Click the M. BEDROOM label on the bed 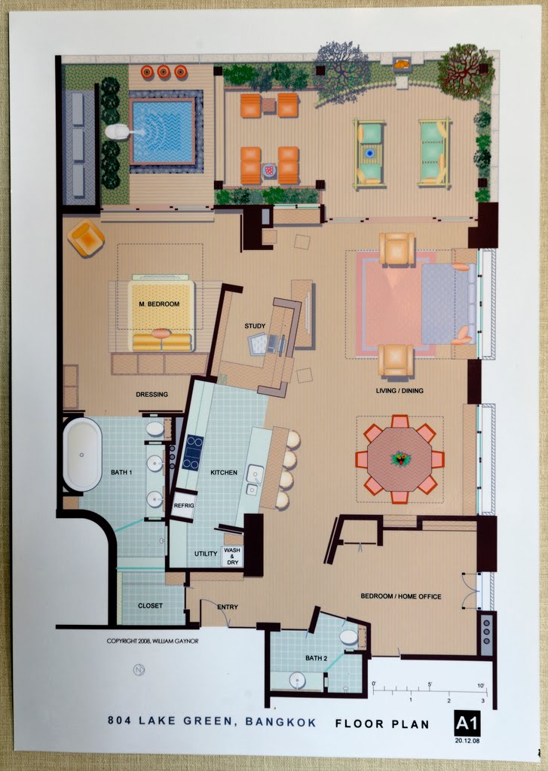tap(159, 304)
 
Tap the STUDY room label tap(255, 325)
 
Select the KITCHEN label tap(224, 472)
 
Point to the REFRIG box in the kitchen tap(184, 504)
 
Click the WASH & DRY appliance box tap(232, 556)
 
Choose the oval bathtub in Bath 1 tap(82, 454)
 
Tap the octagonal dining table tap(400, 459)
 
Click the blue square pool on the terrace tap(163, 131)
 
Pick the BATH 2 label tap(317, 657)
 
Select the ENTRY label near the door tap(228, 607)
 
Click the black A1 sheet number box tap(467, 723)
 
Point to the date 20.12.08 tap(467, 741)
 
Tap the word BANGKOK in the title tap(280, 722)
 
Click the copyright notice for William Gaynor tap(152, 641)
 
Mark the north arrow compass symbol tap(138, 669)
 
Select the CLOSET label tap(150, 605)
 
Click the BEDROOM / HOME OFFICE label tap(401, 596)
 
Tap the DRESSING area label tap(152, 394)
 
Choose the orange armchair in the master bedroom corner tap(86, 237)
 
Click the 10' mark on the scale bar tap(481, 685)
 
